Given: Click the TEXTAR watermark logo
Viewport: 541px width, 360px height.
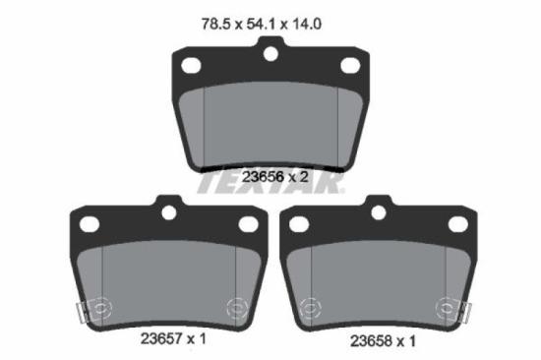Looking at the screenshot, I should [x=270, y=183].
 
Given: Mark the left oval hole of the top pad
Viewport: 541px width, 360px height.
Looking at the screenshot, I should [x=192, y=65].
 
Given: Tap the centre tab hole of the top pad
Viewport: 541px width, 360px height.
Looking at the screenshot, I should [x=271, y=54].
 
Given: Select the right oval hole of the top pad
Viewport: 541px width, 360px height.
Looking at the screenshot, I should [x=350, y=65].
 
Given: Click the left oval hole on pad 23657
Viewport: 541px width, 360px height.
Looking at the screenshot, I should [x=89, y=223].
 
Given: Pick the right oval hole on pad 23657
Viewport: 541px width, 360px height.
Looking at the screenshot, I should [x=248, y=224].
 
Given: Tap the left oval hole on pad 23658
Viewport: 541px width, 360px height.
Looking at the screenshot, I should [x=299, y=224].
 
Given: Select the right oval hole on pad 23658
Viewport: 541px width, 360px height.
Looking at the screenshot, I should [x=458, y=224].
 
